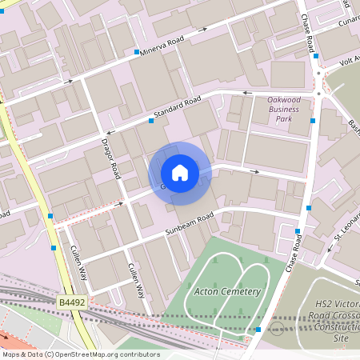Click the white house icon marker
tap(180, 173)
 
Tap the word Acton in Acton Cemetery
tap(206, 290)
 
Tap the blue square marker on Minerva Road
tap(136, 53)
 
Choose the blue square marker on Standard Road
tap(150, 122)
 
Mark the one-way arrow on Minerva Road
tap(202, 29)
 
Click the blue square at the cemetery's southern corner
tap(258, 329)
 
